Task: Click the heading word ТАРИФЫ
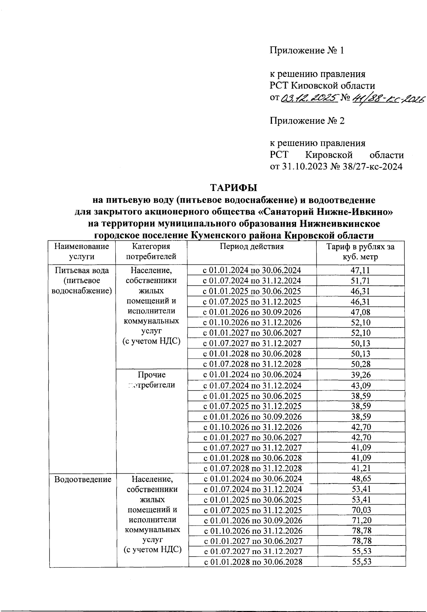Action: pyautogui.click(x=233, y=187)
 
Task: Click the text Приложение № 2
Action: pyautogui.click(x=307, y=121)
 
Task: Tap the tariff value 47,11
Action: pyautogui.click(x=360, y=271)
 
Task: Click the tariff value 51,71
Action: pyautogui.click(x=360, y=281)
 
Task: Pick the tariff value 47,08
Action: pyautogui.click(x=360, y=312)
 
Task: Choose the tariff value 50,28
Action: pyautogui.click(x=360, y=364)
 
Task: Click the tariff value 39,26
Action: pyautogui.click(x=361, y=375)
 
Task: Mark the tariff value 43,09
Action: pyautogui.click(x=361, y=385)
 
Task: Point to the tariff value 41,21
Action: pyautogui.click(x=361, y=468)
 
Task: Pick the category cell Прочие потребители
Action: pyautogui.click(x=152, y=380)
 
